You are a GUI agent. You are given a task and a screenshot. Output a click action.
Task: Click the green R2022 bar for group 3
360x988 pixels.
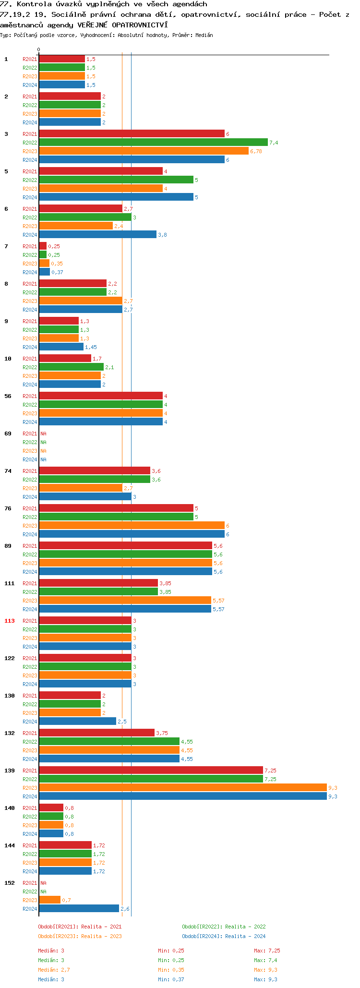pyautogui.click(x=153, y=142)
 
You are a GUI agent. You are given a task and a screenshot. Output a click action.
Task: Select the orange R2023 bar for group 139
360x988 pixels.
pyautogui.click(x=182, y=787)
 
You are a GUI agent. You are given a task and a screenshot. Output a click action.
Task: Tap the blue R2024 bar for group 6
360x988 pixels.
pyautogui.click(x=97, y=234)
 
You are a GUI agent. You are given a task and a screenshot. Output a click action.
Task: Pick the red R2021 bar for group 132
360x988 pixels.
pyautogui.click(x=96, y=733)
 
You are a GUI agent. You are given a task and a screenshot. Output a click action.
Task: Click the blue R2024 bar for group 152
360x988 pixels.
pyautogui.click(x=79, y=908)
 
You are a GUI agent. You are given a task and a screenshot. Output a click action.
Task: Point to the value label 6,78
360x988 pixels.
pyautogui.click(x=256, y=151)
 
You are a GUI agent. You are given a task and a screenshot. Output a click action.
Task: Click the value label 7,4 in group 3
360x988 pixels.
pyautogui.click(x=274, y=143)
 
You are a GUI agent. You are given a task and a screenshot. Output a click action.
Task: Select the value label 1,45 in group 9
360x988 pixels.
pyautogui.click(x=91, y=347)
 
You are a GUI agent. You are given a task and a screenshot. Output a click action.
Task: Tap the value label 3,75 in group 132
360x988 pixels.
pyautogui.click(x=162, y=733)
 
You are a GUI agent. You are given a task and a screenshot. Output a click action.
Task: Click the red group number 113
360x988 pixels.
pyautogui.click(x=10, y=621)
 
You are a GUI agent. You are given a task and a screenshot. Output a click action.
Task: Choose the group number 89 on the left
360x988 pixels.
pyautogui.click(x=8, y=546)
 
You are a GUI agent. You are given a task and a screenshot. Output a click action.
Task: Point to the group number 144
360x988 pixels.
pyautogui.click(x=10, y=845)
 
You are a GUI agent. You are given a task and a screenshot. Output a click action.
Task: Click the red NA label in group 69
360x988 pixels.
pyautogui.click(x=43, y=434)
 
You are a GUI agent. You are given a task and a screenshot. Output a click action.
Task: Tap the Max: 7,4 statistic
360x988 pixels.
pyautogui.click(x=265, y=960)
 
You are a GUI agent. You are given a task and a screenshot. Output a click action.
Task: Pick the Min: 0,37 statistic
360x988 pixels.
pyautogui.click(x=171, y=979)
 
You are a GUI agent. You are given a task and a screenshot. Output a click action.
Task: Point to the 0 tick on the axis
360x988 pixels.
pyautogui.click(x=38, y=50)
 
